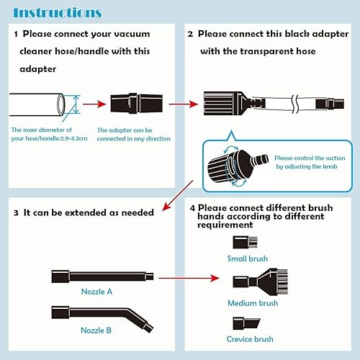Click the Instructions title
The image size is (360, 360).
click(x=58, y=12)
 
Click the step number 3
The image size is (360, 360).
click(x=17, y=213)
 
